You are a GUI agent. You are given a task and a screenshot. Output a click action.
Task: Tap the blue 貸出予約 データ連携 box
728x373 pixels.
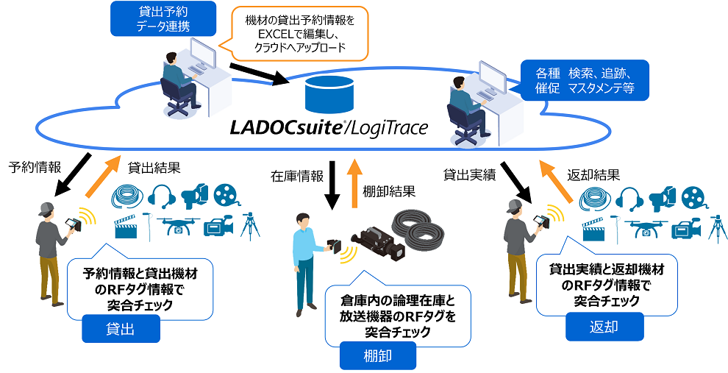click(x=164, y=18)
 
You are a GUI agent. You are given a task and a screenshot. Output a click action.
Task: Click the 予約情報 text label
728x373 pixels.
click(x=34, y=166)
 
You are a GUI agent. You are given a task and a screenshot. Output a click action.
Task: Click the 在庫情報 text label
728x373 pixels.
click(x=296, y=176)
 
